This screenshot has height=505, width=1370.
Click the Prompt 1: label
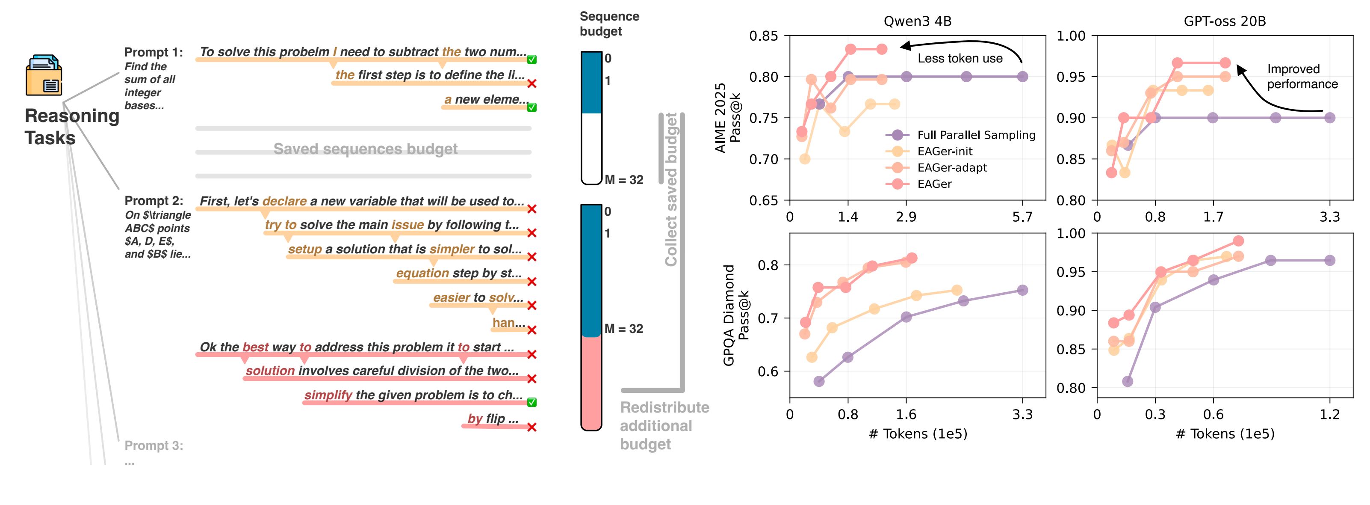(x=153, y=52)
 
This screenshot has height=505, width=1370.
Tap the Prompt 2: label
(x=154, y=201)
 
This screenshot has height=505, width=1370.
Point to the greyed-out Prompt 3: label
(x=154, y=446)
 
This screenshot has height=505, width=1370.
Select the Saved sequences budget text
(x=365, y=149)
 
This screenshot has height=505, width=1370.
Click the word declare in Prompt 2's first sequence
(x=284, y=201)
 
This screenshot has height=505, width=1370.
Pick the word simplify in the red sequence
(x=328, y=395)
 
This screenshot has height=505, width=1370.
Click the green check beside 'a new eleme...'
(x=531, y=107)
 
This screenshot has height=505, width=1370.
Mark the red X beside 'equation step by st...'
(x=531, y=282)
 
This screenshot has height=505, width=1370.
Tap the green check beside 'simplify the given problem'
(x=531, y=402)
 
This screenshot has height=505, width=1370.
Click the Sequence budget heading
(x=609, y=24)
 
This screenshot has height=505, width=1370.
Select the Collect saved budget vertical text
(x=671, y=189)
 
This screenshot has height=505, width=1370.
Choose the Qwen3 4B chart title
(x=918, y=21)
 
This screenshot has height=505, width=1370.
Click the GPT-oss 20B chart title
(x=1224, y=21)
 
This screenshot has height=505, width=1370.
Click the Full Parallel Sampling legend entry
(x=975, y=135)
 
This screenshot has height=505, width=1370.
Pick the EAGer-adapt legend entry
(x=951, y=168)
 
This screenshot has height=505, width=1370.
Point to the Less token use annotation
(x=960, y=59)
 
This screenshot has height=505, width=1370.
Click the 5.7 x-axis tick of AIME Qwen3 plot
(x=1022, y=217)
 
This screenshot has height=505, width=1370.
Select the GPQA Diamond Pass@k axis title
(x=735, y=315)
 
